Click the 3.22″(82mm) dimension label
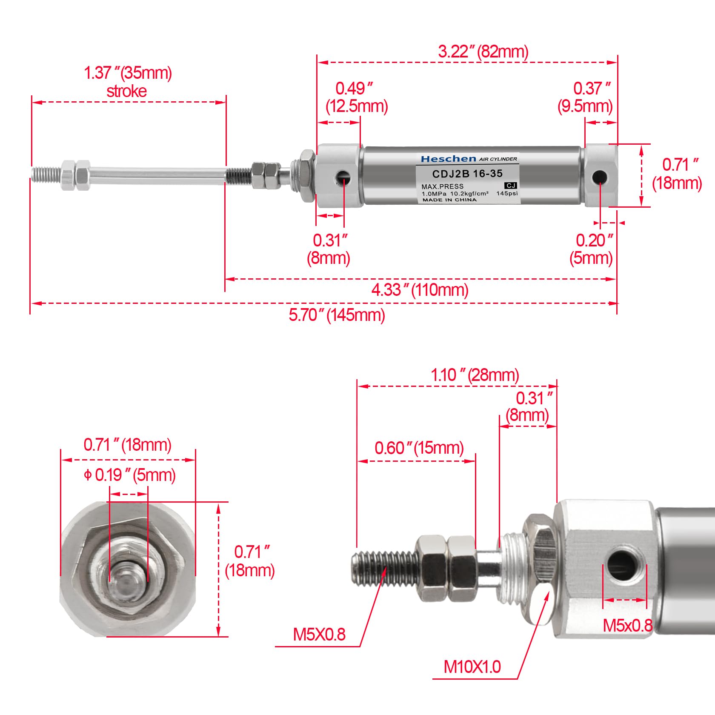tap(483, 52)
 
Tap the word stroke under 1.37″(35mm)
tap(126, 91)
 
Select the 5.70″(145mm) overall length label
tap(337, 315)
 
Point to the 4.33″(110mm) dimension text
tap(420, 290)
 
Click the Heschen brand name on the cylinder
tap(448, 159)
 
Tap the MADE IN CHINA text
tap(449, 200)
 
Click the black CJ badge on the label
tap(510, 186)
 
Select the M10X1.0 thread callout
tap(472, 666)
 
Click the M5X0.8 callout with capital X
tap(319, 635)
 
